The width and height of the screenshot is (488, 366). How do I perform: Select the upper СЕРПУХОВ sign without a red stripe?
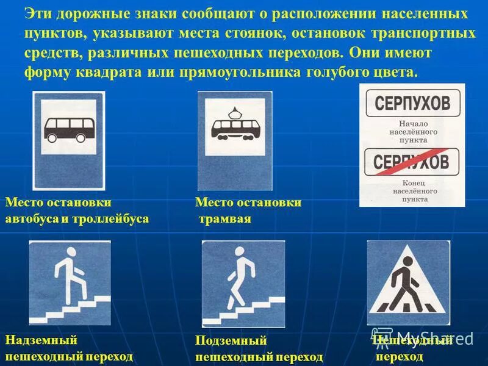(412, 103)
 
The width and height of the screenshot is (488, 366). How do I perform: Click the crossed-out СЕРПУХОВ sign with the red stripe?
(411, 162)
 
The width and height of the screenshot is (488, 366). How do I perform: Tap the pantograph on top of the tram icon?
(235, 112)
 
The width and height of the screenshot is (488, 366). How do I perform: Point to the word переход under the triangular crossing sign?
(399, 356)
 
